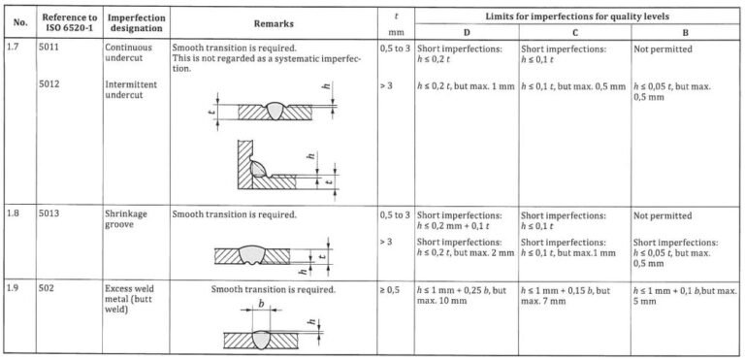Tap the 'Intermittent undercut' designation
coord(132,91)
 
